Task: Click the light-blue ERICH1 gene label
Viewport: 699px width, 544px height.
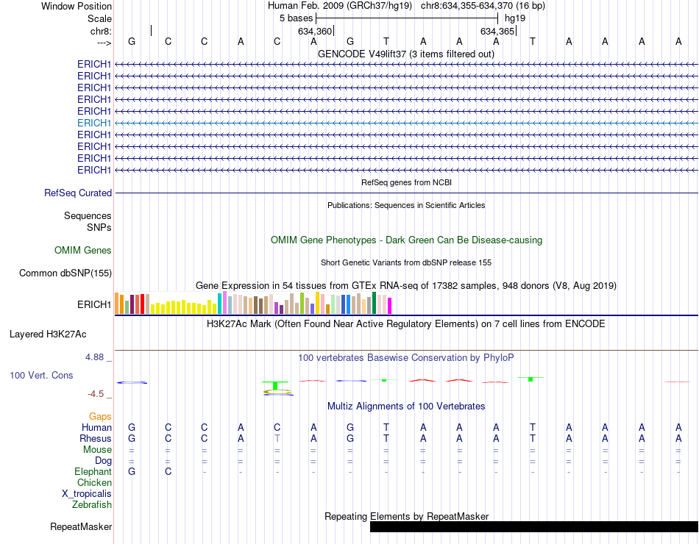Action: tap(94, 123)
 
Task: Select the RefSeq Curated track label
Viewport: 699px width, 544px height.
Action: tap(78, 193)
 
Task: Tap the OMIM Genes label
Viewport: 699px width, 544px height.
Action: tap(83, 250)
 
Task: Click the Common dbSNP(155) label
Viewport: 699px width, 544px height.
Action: tap(65, 273)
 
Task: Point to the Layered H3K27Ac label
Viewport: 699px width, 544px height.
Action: tap(48, 334)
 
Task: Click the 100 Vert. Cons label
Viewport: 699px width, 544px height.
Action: tap(41, 375)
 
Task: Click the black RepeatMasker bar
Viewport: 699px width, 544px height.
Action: tap(533, 526)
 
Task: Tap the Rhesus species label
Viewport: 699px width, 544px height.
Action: tap(95, 438)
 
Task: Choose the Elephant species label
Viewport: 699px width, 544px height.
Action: tap(93, 471)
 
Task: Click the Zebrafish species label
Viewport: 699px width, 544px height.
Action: tap(92, 504)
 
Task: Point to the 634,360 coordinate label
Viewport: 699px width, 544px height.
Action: tap(314, 32)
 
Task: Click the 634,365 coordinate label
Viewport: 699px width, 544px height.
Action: tap(497, 32)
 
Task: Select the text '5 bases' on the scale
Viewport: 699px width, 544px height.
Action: tap(295, 18)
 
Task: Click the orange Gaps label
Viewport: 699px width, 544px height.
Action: tap(100, 416)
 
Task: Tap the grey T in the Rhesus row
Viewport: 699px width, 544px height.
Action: tap(277, 438)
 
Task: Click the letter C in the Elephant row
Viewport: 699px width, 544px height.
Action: tap(168, 471)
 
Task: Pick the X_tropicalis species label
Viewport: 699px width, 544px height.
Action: tap(87, 493)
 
